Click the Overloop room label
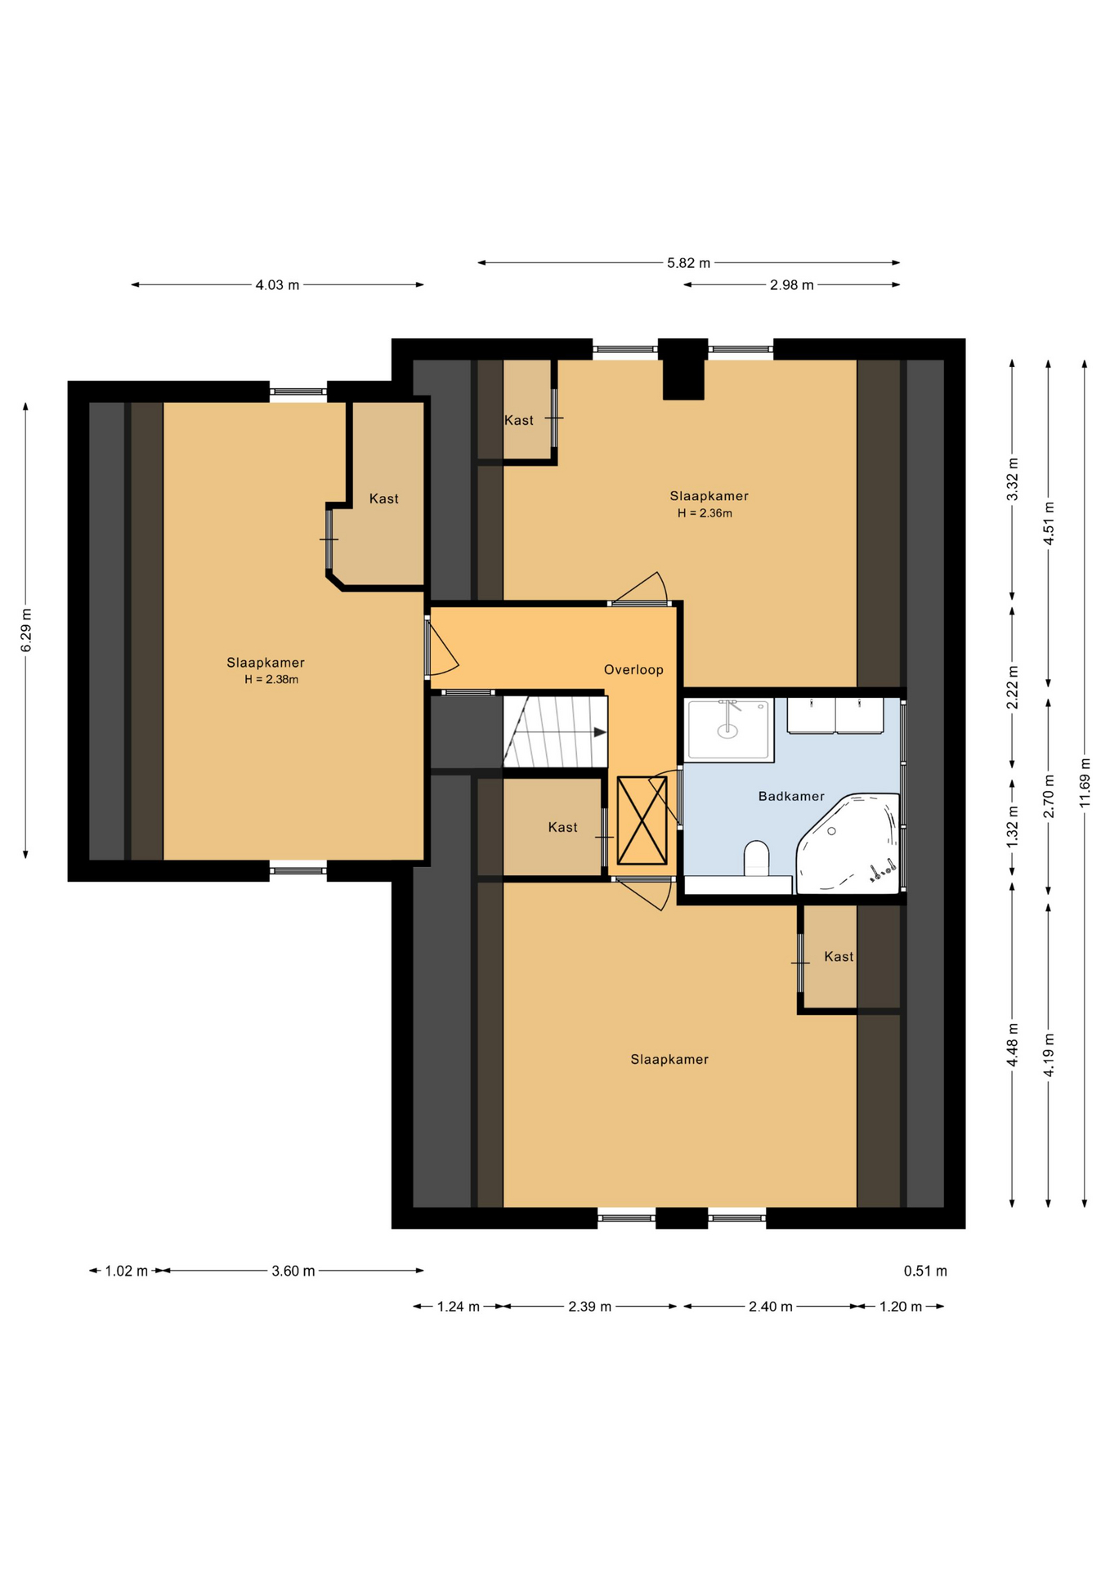(633, 670)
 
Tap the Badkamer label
(791, 796)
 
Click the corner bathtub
(848, 842)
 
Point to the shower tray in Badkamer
(729, 729)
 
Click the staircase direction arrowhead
(600, 732)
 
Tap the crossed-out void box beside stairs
(642, 820)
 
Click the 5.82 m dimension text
(688, 263)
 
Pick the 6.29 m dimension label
(26, 631)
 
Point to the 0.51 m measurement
(925, 1271)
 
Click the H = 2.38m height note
(271, 680)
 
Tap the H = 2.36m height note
(705, 514)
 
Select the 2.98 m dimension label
(791, 285)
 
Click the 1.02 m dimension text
(126, 1271)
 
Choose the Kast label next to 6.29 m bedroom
(384, 498)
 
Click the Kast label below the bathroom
(839, 956)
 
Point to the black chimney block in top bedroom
(683, 369)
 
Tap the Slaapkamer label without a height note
(669, 1059)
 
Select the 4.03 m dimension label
(277, 285)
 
